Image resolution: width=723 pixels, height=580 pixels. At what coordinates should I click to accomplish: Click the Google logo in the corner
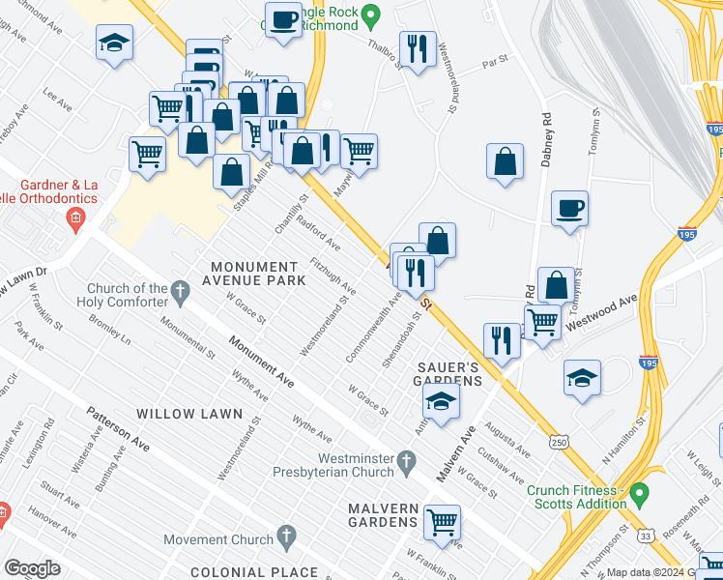[x=32, y=568]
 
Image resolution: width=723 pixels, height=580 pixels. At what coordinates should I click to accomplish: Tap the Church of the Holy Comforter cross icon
[x=180, y=289]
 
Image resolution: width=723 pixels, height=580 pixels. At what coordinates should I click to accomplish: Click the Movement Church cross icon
[x=286, y=535]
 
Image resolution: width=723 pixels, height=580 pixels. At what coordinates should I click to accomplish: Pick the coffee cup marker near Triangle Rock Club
[x=284, y=21]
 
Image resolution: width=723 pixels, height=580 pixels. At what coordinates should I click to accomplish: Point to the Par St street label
[x=495, y=67]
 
